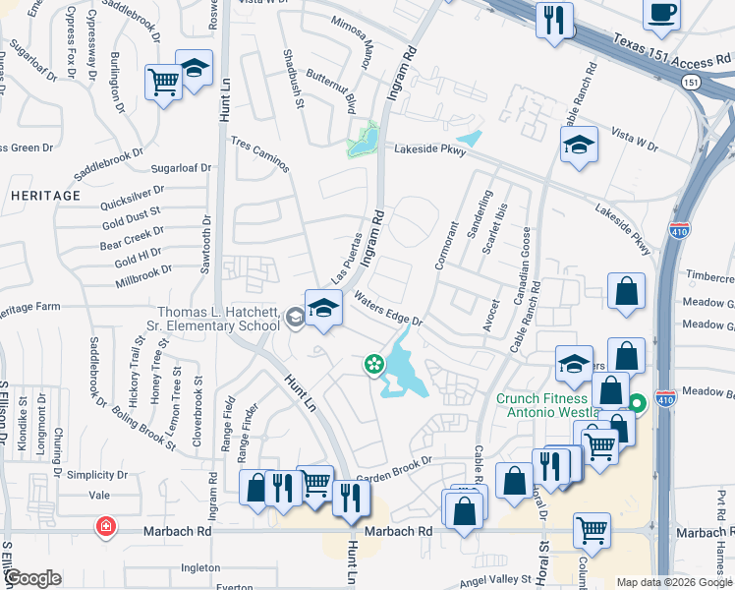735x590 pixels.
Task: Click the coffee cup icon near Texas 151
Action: [x=661, y=14]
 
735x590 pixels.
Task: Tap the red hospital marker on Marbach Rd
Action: [x=104, y=528]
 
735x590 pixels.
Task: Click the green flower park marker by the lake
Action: [x=374, y=365]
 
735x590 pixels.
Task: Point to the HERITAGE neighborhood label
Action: [x=45, y=196]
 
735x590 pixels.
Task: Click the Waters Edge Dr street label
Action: [x=389, y=308]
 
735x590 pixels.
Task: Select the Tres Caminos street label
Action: [x=260, y=154]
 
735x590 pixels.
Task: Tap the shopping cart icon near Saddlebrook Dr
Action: [x=162, y=81]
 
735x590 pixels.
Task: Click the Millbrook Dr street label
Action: [x=143, y=268]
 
